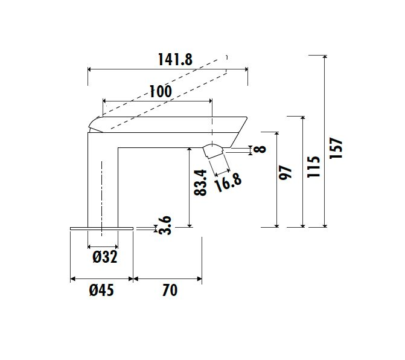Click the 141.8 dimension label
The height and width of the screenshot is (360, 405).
coord(175,60)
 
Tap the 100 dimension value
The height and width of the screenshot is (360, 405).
coord(161,91)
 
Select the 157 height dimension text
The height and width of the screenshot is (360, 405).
coord(336,148)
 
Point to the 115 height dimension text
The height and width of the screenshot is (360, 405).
coord(314,167)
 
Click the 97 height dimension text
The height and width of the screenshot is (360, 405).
coord(285,173)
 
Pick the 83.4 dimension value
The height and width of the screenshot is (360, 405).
coord(200,182)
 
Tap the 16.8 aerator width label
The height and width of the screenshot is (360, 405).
coord(228,182)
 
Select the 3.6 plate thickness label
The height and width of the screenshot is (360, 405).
coord(165,225)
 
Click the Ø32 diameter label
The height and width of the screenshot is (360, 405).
coord(105,257)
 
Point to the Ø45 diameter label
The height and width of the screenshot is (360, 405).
coord(101,290)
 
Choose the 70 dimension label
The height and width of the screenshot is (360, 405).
coord(170,290)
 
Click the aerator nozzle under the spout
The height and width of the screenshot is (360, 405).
coord(214,152)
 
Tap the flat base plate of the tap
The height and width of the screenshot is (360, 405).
coord(102,228)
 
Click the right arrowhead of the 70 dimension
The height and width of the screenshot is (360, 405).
coord(200,279)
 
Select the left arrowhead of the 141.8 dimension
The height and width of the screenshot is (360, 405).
coord(90,69)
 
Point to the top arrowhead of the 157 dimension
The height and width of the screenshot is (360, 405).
coord(325,57)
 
